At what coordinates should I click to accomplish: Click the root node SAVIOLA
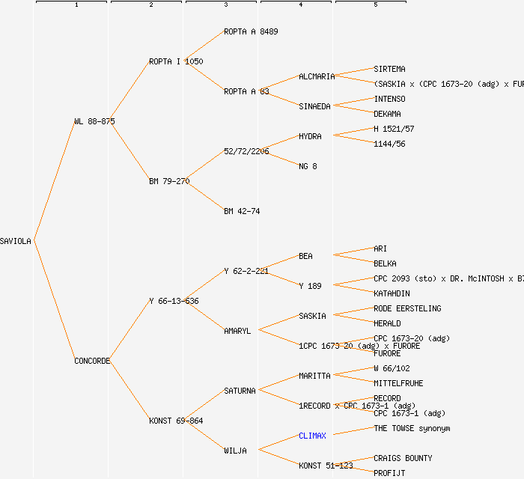pos(16,241)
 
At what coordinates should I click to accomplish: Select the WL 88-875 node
pos(94,121)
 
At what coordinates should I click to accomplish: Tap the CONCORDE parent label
pos(92,361)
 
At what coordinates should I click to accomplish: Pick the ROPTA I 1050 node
pos(176,61)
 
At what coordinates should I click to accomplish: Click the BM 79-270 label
pos(169,181)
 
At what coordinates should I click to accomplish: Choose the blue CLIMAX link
pos(313,436)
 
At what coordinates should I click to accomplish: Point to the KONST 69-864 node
pos(176,421)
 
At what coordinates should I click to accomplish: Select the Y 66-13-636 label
pos(174,301)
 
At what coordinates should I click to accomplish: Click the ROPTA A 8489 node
pos(251,31)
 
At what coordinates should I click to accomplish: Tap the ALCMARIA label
pos(317,76)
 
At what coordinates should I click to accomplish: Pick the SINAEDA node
pos(314,106)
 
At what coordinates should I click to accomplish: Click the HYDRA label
pos(310,136)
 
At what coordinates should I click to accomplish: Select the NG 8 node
pos(308,166)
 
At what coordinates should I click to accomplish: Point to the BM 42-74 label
pos(242,211)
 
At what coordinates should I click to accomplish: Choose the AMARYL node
pos(237,331)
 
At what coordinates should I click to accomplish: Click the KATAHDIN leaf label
pos(392,293)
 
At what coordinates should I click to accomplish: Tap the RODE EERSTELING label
pos(407,308)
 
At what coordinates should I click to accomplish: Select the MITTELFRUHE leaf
pos(398,383)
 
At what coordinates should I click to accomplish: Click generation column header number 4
pos(300,5)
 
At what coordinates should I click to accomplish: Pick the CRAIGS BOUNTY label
pos(403,458)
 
